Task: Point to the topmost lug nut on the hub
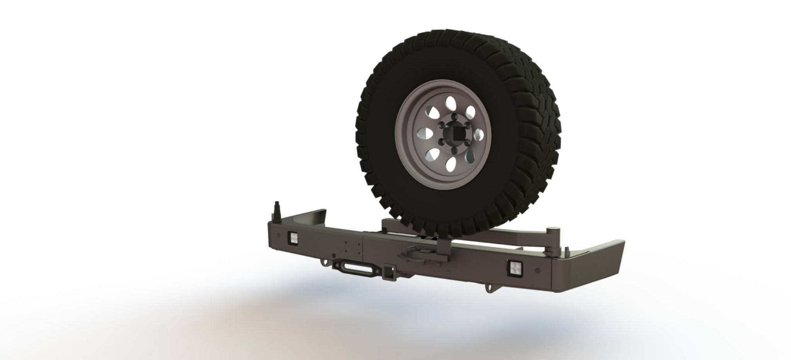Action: coord(454,117)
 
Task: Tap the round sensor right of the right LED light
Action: coord(537,271)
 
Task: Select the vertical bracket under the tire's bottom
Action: coord(443,247)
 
